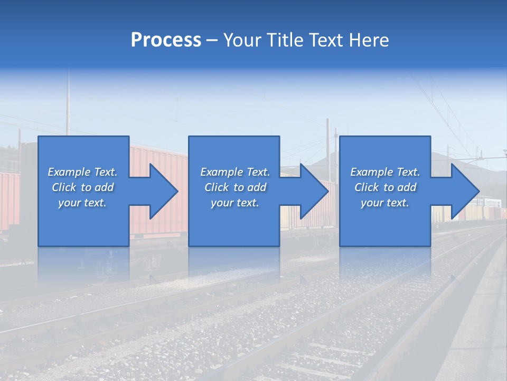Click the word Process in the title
tap(166, 40)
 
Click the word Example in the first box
tap(69, 172)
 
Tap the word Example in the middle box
tap(222, 172)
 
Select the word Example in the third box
tap(372, 172)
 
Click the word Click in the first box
tap(64, 187)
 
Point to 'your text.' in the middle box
tap(235, 203)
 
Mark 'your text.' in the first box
tap(82, 203)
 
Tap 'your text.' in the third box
tap(385, 203)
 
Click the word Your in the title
tap(241, 40)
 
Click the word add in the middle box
tap(257, 187)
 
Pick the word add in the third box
tap(407, 187)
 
